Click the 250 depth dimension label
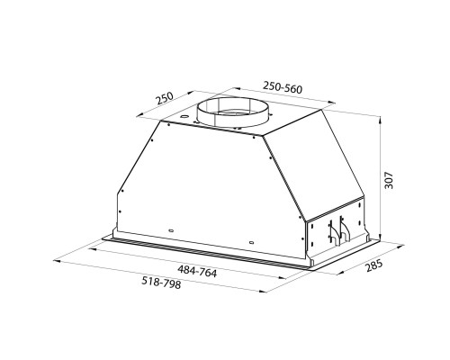pyautogui.click(x=163, y=99)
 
